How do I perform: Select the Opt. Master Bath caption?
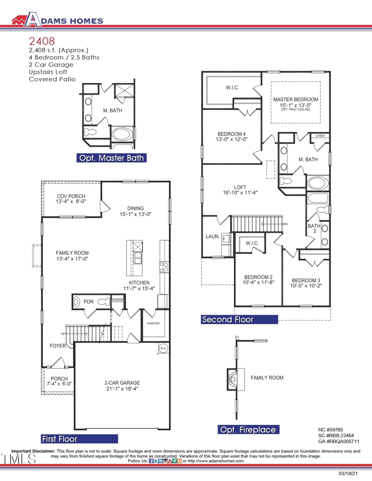point(111,158)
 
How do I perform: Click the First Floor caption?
point(60,439)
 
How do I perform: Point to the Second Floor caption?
point(228,320)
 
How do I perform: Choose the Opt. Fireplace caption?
point(248,430)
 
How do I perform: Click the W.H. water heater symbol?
point(163,348)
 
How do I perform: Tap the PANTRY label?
point(153,323)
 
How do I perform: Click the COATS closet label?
point(118,301)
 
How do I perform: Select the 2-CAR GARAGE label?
point(122,383)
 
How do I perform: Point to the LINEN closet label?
point(320,136)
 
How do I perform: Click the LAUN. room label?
point(213,237)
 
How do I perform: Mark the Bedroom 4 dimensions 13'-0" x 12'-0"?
point(231,139)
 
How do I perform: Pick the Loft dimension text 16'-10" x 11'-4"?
point(239,192)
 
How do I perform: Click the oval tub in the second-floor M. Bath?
point(318,182)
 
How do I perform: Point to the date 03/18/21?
point(348,474)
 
